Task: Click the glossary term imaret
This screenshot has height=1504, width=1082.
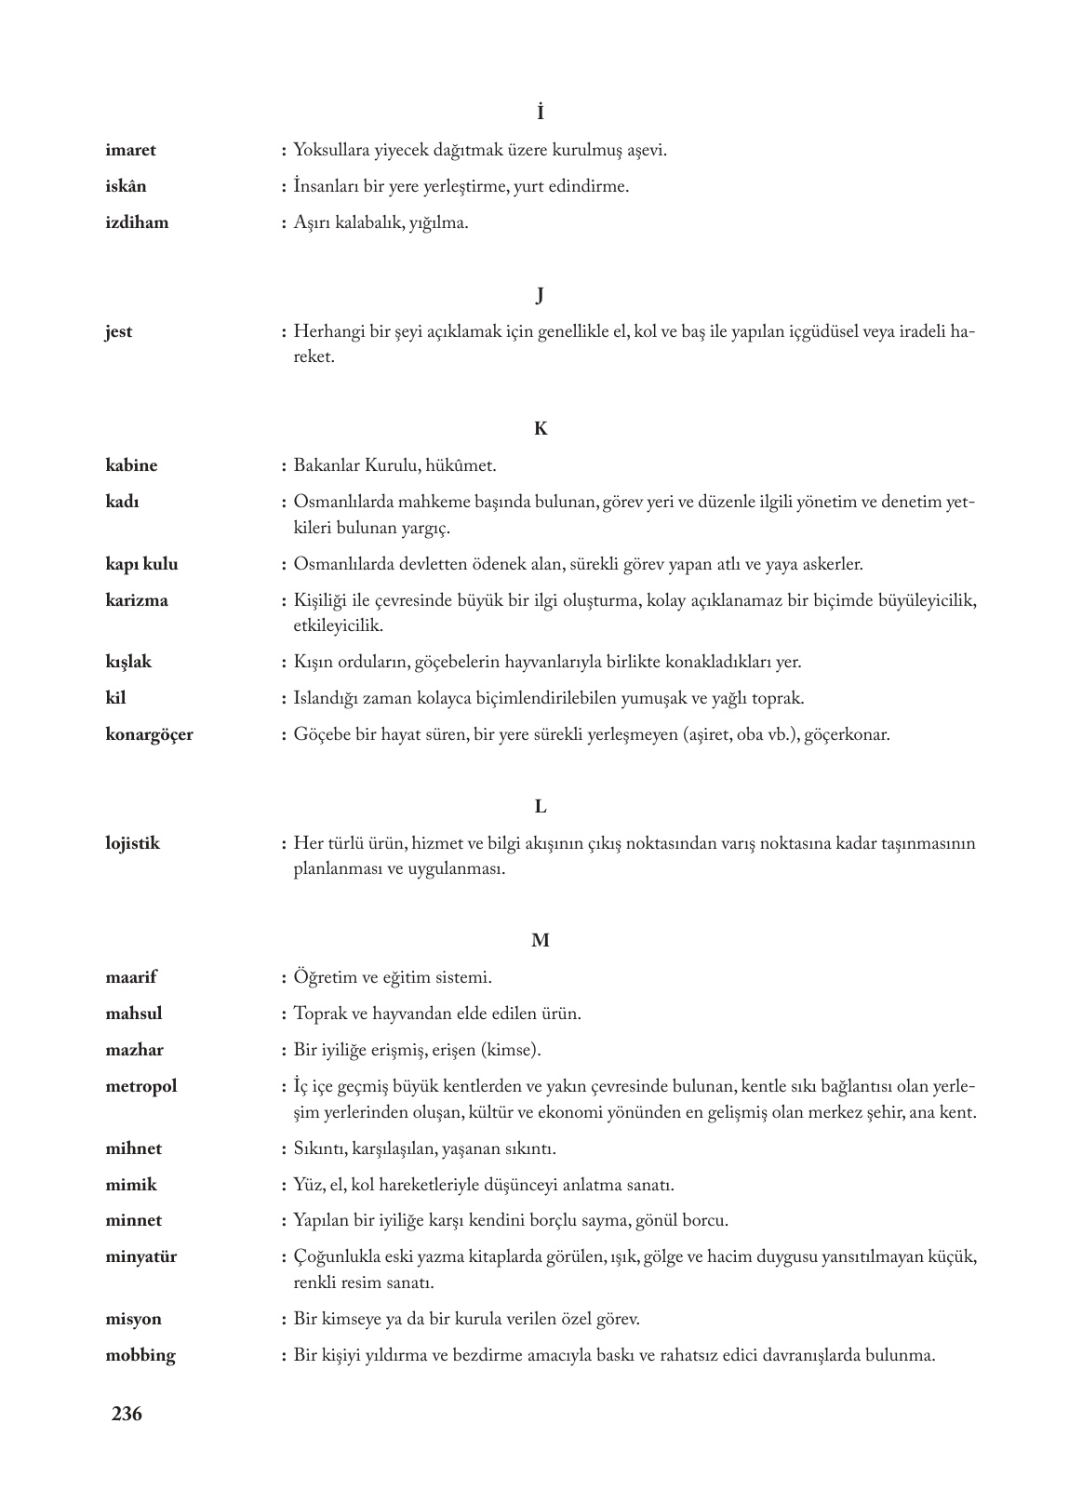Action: click(x=130, y=150)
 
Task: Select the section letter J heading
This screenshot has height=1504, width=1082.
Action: click(x=541, y=296)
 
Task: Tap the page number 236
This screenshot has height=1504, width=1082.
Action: click(x=127, y=1415)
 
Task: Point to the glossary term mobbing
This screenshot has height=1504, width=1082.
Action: click(x=140, y=1355)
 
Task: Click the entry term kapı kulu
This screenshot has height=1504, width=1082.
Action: click(x=141, y=564)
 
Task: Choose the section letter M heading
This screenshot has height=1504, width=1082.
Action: click(x=541, y=941)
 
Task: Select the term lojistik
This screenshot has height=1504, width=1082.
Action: click(x=132, y=844)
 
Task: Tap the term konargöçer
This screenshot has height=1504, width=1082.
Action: click(x=149, y=734)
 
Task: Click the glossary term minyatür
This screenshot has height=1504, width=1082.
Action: click(x=140, y=1256)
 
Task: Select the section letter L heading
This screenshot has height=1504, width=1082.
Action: click(x=541, y=808)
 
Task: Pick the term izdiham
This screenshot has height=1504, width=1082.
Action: click(x=137, y=222)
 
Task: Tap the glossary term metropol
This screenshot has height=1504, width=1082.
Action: click(x=140, y=1086)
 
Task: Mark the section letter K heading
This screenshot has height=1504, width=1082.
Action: click(x=541, y=429)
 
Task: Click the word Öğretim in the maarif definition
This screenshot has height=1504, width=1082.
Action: click(x=324, y=978)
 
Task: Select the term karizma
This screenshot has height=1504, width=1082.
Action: click(x=137, y=600)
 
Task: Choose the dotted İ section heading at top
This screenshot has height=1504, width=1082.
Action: click(x=541, y=113)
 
